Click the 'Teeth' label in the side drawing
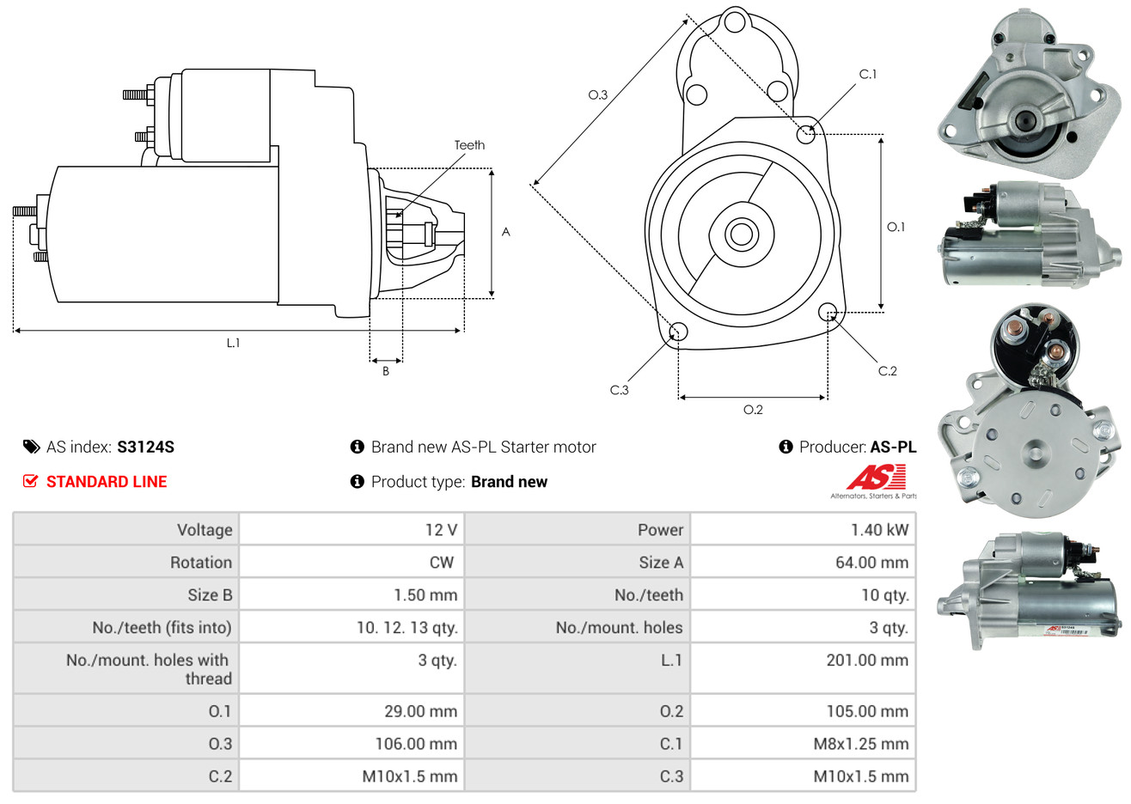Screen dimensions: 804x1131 (x=469, y=145)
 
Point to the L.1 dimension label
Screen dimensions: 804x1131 (x=233, y=343)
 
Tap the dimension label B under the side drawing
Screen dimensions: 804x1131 (x=386, y=371)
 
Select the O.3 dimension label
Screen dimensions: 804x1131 (x=597, y=94)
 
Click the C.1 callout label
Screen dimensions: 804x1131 (x=868, y=75)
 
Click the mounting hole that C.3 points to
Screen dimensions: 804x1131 (x=678, y=332)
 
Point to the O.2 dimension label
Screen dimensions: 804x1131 (x=753, y=410)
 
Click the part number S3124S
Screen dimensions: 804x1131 (x=145, y=447)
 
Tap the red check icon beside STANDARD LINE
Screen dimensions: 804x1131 (x=31, y=481)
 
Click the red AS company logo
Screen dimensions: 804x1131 (x=875, y=478)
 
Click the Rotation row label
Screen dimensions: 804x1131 (x=201, y=562)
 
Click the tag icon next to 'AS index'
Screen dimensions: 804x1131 (x=32, y=447)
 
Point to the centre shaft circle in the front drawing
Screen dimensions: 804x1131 (x=739, y=233)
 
